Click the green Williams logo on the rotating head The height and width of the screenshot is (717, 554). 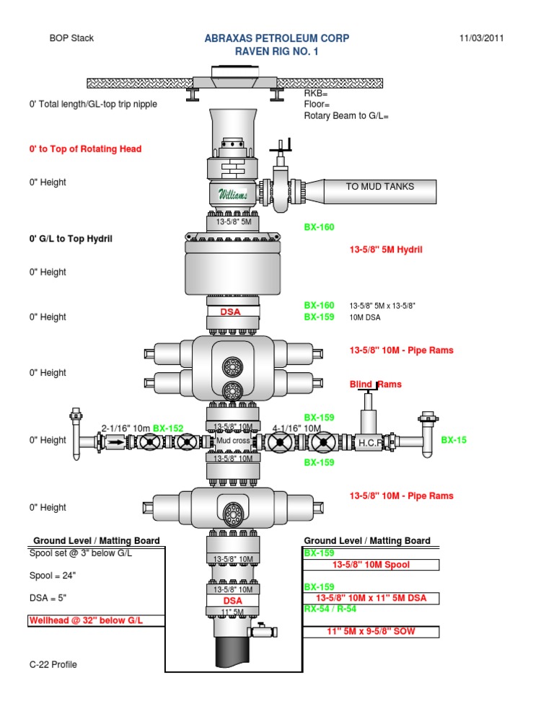tap(232, 193)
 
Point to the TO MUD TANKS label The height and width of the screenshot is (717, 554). tap(379, 186)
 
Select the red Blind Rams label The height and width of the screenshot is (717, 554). tap(375, 384)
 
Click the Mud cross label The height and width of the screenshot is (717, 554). tap(232, 441)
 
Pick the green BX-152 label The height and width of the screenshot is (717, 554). tap(168, 428)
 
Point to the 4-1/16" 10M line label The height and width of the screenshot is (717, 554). tap(296, 428)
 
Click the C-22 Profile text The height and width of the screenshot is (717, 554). tap(53, 664)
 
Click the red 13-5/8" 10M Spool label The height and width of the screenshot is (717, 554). tap(371, 565)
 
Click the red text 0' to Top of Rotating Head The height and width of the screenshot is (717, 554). tap(85, 149)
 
